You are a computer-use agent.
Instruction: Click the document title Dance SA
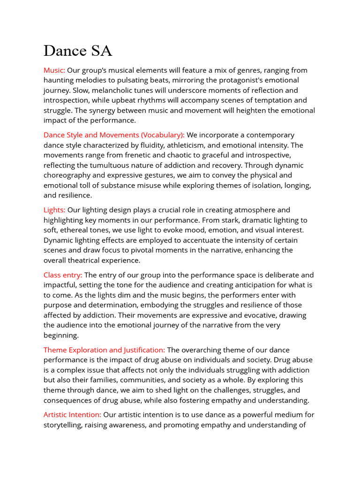78,51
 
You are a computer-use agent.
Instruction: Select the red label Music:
54,70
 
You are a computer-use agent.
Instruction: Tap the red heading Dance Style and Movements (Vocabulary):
114,135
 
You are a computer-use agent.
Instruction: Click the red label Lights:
54,210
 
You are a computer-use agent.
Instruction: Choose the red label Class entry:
63,275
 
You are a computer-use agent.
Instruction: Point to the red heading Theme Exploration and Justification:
104,350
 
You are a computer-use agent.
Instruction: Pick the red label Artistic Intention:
72,414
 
